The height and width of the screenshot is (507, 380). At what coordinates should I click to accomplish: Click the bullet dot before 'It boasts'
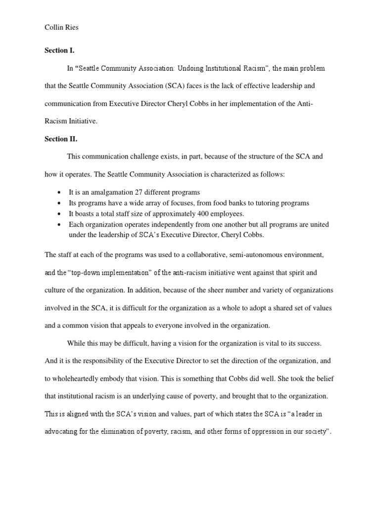[x=60, y=214]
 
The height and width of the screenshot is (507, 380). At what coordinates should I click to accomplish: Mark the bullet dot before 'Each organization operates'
[x=60, y=225]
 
